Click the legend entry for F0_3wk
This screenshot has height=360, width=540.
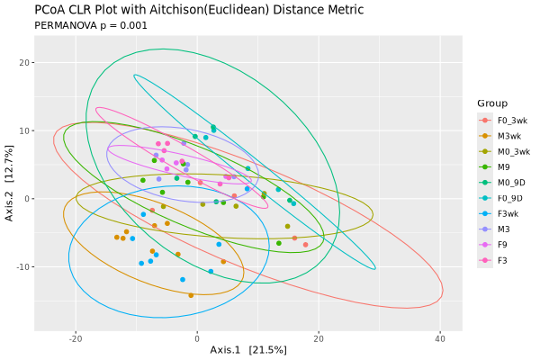(509, 120)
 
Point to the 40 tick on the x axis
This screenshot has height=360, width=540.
(440, 337)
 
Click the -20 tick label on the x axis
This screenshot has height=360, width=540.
(75, 337)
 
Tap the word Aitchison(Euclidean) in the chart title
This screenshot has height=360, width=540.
(215, 10)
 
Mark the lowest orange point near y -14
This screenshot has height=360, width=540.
(191, 295)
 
